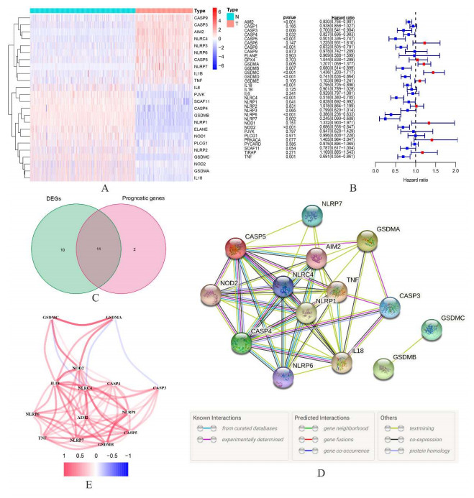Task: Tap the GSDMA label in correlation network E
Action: click(113, 317)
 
